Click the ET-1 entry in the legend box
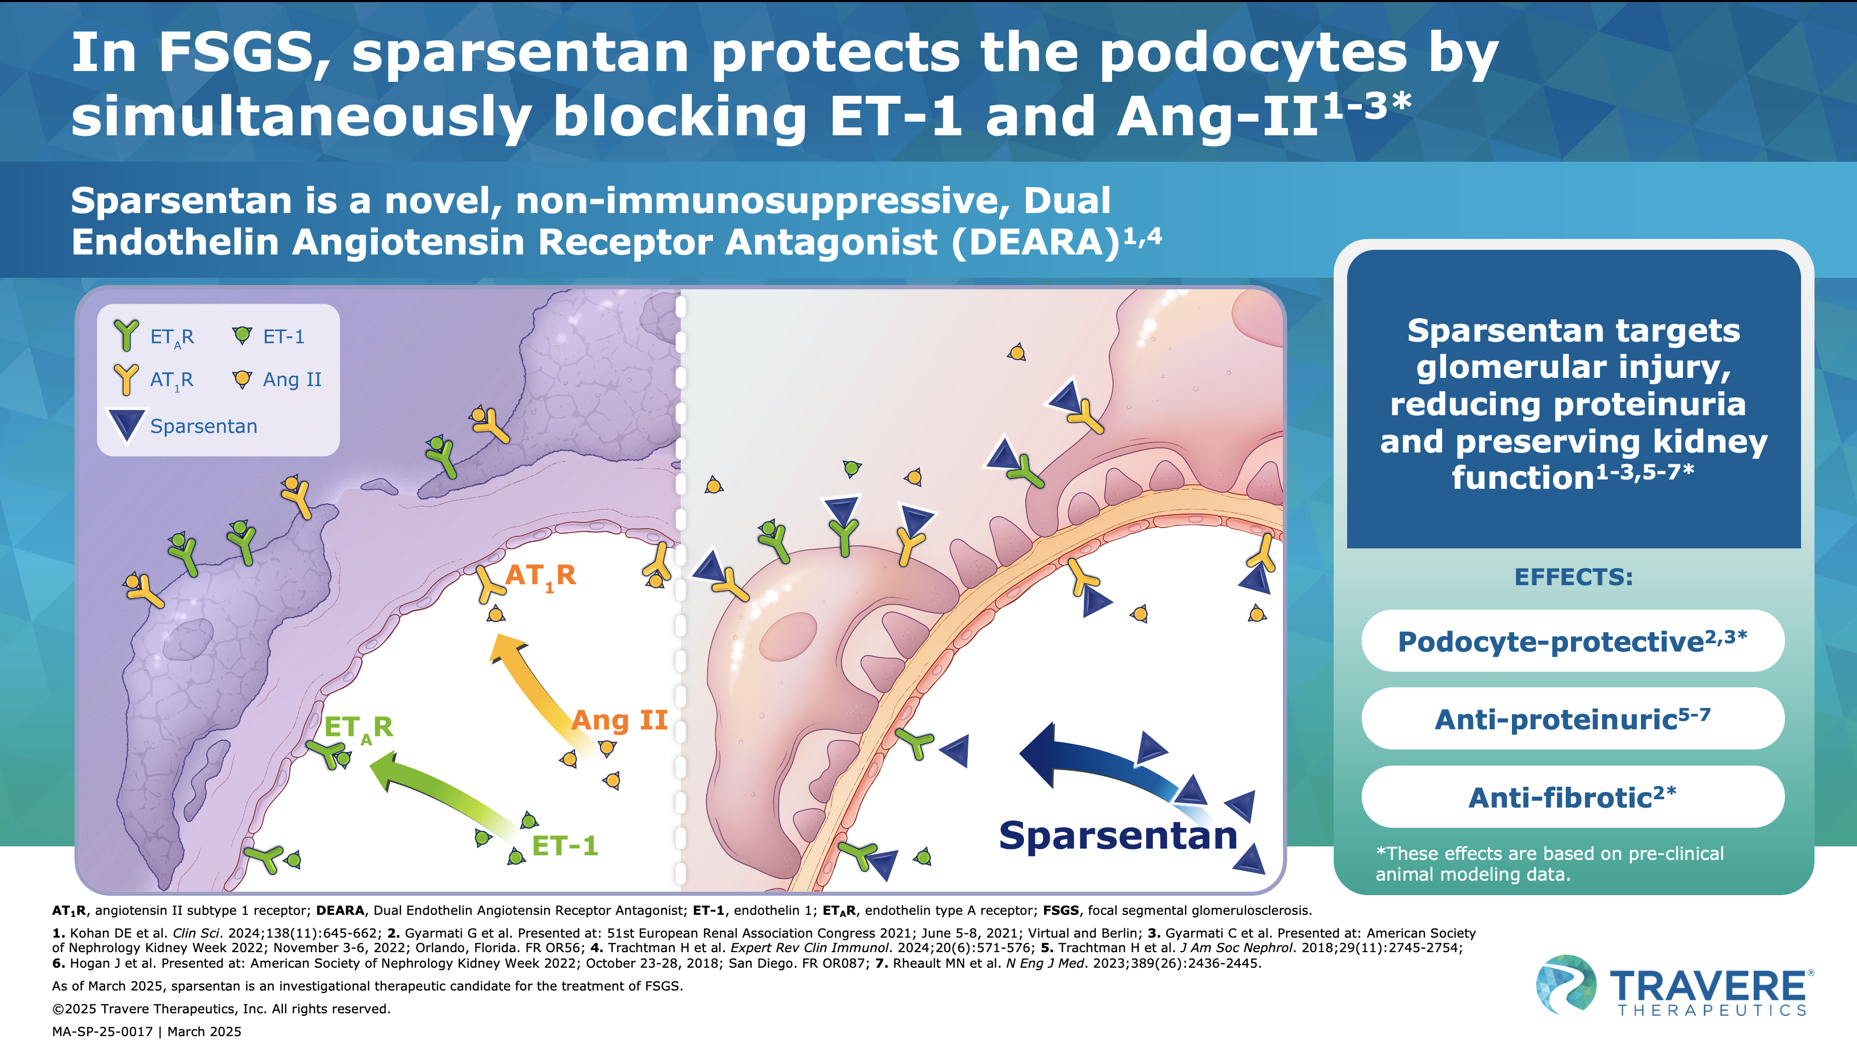tap(283, 337)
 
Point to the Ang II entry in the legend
tap(291, 379)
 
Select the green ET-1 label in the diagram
tap(564, 845)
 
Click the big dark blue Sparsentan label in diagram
tap(1118, 836)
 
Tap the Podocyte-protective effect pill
tap(1572, 641)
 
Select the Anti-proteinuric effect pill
tap(1572, 719)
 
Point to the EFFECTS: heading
tap(1573, 577)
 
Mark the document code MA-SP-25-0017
tap(103, 1031)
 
